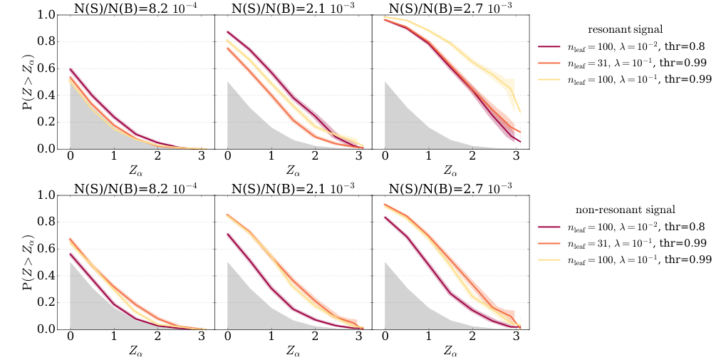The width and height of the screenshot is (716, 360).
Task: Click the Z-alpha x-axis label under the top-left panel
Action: pyautogui.click(x=136, y=171)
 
